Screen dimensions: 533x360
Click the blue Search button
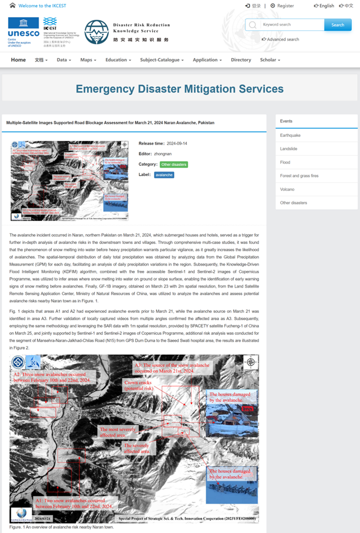(338, 25)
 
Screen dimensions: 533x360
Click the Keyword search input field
(285, 25)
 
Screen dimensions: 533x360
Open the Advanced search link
(281, 39)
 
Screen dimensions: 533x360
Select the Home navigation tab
(18, 60)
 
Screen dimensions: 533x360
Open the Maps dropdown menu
(88, 60)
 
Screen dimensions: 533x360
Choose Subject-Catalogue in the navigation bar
(162, 60)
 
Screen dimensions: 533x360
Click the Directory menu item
(241, 60)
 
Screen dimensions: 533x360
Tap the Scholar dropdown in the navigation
(270, 60)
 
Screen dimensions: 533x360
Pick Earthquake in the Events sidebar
(290, 135)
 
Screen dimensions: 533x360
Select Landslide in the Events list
(289, 149)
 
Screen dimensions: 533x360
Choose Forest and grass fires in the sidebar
(299, 176)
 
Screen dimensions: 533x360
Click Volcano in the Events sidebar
(287, 189)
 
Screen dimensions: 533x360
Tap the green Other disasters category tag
(174, 164)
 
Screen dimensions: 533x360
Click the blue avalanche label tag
(164, 175)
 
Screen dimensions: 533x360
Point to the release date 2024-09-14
(178, 143)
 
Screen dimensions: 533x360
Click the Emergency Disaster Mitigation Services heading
(179, 89)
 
